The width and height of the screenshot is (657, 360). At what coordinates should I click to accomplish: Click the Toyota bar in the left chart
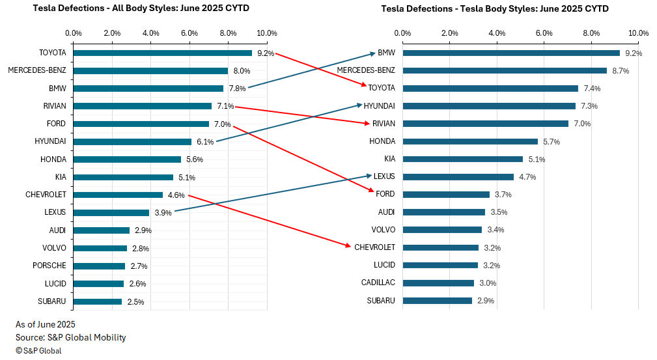pos(162,53)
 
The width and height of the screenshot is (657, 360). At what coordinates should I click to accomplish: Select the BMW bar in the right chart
pos(511,53)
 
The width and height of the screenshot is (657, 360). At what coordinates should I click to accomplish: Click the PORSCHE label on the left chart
pos(50,266)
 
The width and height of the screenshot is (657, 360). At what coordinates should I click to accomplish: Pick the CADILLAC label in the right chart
pos(378,283)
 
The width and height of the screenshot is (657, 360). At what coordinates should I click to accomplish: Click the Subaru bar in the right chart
pos(437,300)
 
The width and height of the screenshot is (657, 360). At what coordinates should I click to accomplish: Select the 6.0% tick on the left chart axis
pos(189,33)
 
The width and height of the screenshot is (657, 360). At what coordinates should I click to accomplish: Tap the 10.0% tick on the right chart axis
pos(638,33)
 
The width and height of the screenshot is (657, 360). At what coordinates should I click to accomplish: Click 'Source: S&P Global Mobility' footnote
pos(70,337)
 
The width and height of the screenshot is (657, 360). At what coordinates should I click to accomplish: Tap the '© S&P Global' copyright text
pos(38,351)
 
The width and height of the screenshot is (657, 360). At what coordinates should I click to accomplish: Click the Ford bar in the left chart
pos(141,124)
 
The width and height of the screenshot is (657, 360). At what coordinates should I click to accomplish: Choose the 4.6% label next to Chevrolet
pos(176,195)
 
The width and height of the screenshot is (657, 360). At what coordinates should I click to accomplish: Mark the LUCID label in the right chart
pos(384,265)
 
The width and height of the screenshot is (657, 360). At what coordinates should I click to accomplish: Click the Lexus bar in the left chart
pos(111,212)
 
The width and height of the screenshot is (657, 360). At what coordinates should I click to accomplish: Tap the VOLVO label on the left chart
pos(55,248)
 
